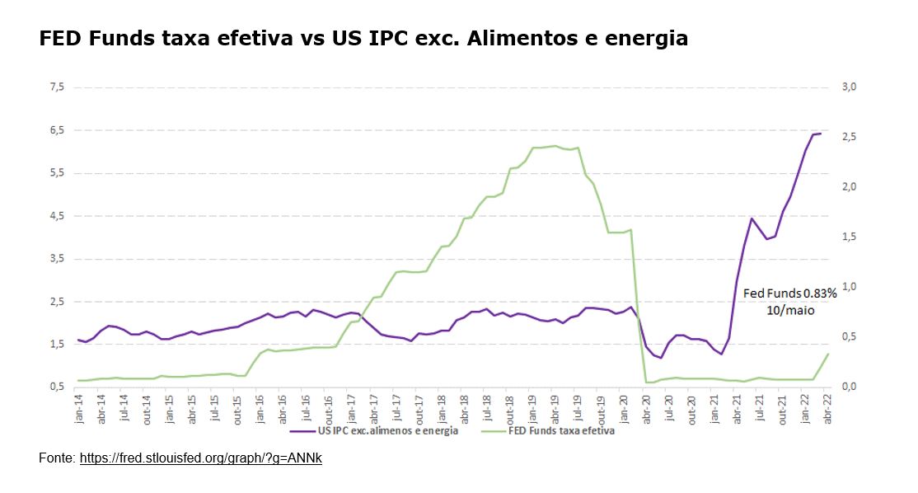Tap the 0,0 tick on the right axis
pyautogui.click(x=848, y=387)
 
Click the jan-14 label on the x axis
pyautogui.click(x=79, y=407)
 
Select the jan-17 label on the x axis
pyautogui.click(x=349, y=407)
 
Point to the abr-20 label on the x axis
pyautogui.click(x=646, y=407)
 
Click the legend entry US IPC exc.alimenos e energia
pyautogui.click(x=388, y=430)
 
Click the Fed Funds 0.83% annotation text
pyautogui.click(x=790, y=293)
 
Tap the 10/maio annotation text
pyautogui.click(x=791, y=311)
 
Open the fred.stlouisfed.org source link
pyautogui.click(x=200, y=458)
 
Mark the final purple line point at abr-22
pyautogui.click(x=820, y=134)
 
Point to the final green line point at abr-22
pyautogui.click(x=827, y=354)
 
